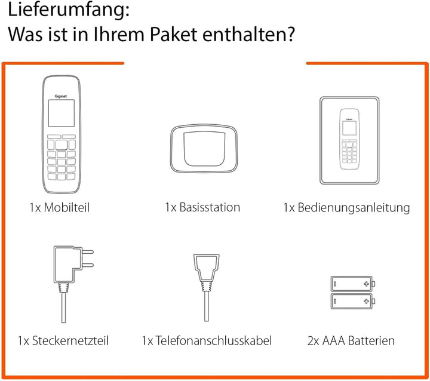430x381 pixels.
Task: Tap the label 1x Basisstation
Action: coord(202,208)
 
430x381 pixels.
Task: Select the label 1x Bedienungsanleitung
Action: coord(347,208)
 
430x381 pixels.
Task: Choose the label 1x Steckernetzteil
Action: coord(63,341)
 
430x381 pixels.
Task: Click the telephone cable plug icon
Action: coord(204,272)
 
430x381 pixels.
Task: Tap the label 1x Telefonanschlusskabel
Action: coord(207,341)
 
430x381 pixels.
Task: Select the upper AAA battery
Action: coord(352,282)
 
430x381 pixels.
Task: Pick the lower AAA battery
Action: coord(352,300)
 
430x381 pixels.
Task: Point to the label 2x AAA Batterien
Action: coord(351,341)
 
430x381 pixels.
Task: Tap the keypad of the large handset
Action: coord(62,158)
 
